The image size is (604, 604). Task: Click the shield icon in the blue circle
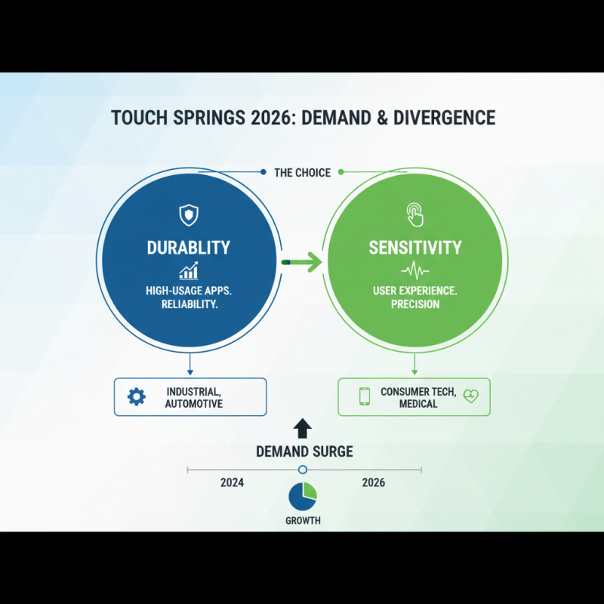187,214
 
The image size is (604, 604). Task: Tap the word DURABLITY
188,248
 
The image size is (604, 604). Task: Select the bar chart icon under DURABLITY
188,270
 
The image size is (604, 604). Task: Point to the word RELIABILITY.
188,304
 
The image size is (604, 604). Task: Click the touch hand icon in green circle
414,214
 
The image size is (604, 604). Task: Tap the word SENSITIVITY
414,248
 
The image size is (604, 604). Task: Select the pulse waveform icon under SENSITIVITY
414,270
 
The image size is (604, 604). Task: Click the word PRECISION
414,304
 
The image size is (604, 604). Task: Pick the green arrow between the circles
302,262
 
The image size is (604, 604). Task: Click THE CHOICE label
302,173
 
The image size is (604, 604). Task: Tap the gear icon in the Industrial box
137,396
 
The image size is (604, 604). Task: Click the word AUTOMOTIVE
194,404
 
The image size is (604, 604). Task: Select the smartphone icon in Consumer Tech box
365,396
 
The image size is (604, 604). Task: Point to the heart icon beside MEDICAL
471,397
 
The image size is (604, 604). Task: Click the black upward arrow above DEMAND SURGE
302,428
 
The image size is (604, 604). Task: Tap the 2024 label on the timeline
232,482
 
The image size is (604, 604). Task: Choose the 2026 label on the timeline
373,482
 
